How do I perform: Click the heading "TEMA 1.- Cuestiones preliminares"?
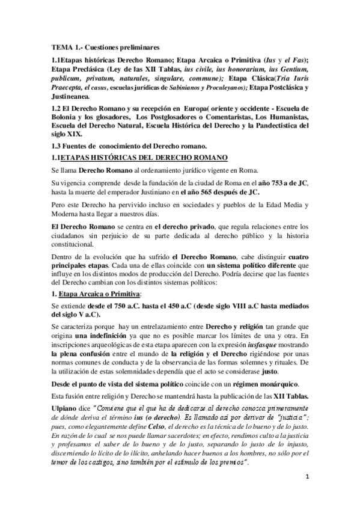(105, 46)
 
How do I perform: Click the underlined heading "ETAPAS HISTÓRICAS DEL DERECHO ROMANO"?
(145, 158)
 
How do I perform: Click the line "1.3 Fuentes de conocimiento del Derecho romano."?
(130, 147)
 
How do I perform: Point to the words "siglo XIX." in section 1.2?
(66, 134)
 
